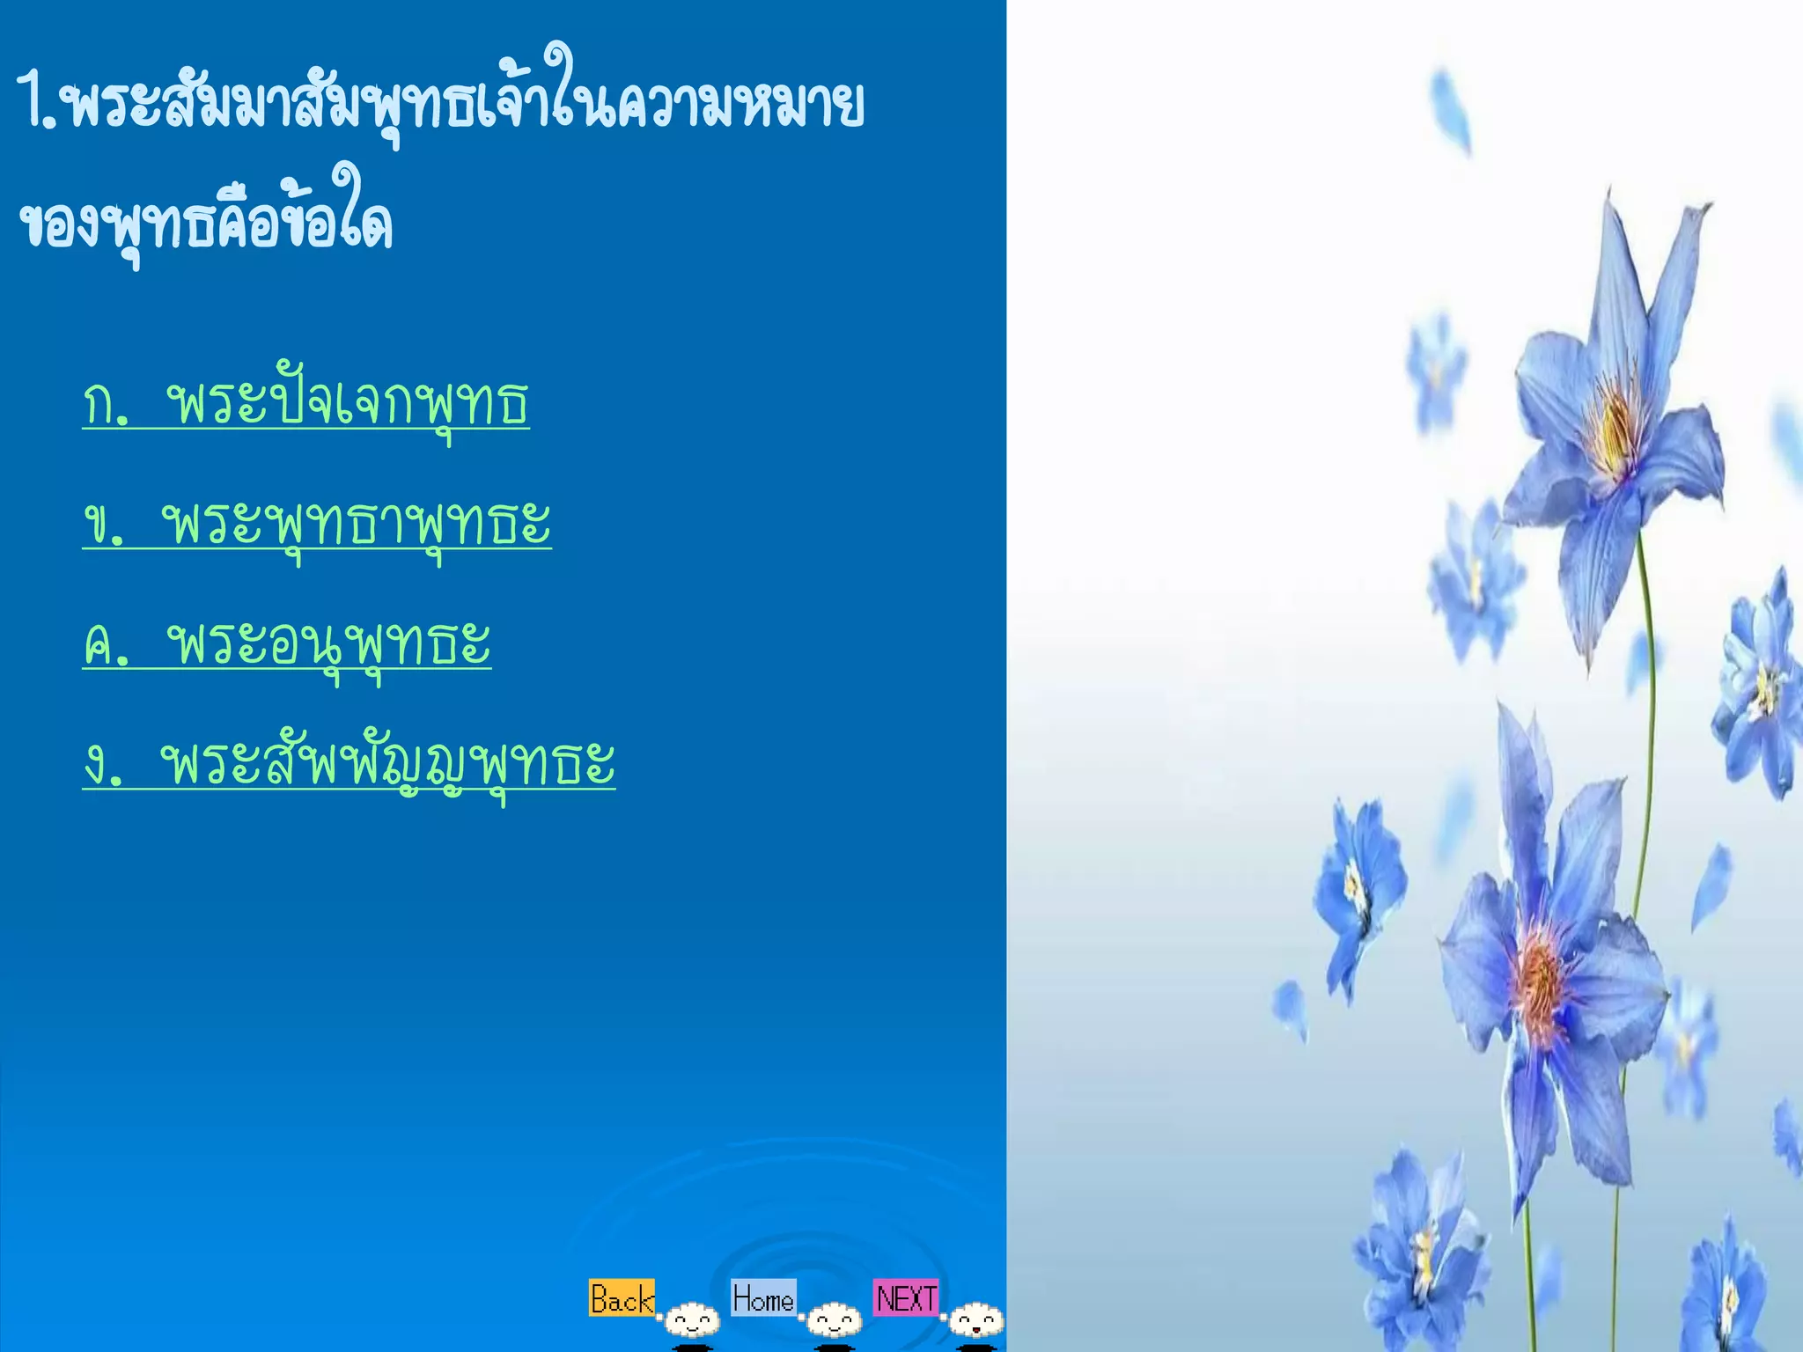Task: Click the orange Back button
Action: coord(622,1298)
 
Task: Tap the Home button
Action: coord(763,1297)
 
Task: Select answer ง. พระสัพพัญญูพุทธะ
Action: coord(349,763)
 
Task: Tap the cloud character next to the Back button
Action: coord(693,1320)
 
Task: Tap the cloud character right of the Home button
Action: coord(835,1320)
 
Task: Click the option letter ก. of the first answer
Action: coord(106,405)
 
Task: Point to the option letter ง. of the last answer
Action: coord(104,764)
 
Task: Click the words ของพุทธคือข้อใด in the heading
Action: coord(206,222)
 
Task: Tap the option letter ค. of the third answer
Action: coord(106,644)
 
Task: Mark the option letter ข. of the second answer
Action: coord(104,525)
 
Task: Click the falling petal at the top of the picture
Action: coord(1450,110)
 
